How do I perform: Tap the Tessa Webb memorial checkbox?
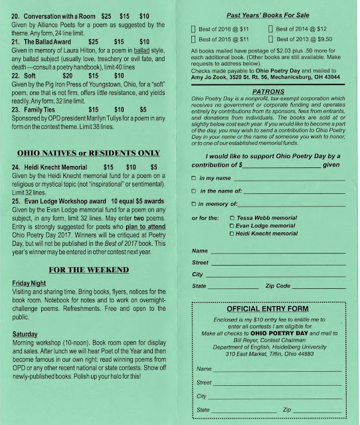(231, 217)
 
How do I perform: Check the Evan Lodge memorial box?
(231, 226)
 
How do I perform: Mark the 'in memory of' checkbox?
(193, 204)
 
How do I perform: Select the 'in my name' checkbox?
(193, 178)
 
